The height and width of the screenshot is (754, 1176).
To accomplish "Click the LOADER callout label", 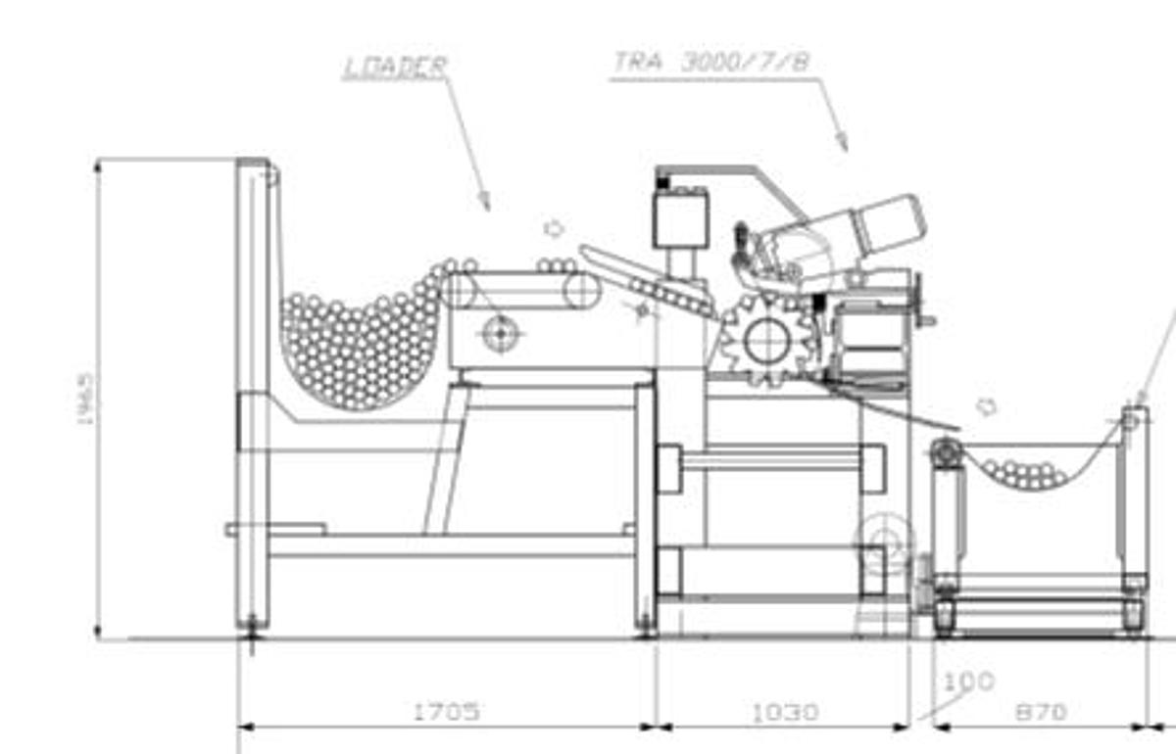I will pyautogui.click(x=395, y=67).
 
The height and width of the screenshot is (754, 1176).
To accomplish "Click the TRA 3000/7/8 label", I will pyautogui.click(x=711, y=62).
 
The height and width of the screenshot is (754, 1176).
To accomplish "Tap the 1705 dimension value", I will pyautogui.click(x=446, y=711).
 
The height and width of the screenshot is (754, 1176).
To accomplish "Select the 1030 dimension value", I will pyautogui.click(x=784, y=712).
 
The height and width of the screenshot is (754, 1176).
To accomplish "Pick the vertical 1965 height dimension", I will pyautogui.click(x=85, y=397).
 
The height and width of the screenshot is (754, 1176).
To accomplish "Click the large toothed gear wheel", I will pyautogui.click(x=766, y=339).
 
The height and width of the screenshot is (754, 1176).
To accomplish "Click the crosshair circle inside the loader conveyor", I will pyautogui.click(x=500, y=333).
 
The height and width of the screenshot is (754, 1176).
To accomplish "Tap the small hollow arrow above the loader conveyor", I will pyautogui.click(x=554, y=228).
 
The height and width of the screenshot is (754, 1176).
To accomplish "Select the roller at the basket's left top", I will pyautogui.click(x=946, y=451).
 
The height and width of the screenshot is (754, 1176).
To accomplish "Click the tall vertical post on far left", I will pyautogui.click(x=253, y=392).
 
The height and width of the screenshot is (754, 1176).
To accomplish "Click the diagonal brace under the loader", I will pyautogui.click(x=446, y=460).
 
